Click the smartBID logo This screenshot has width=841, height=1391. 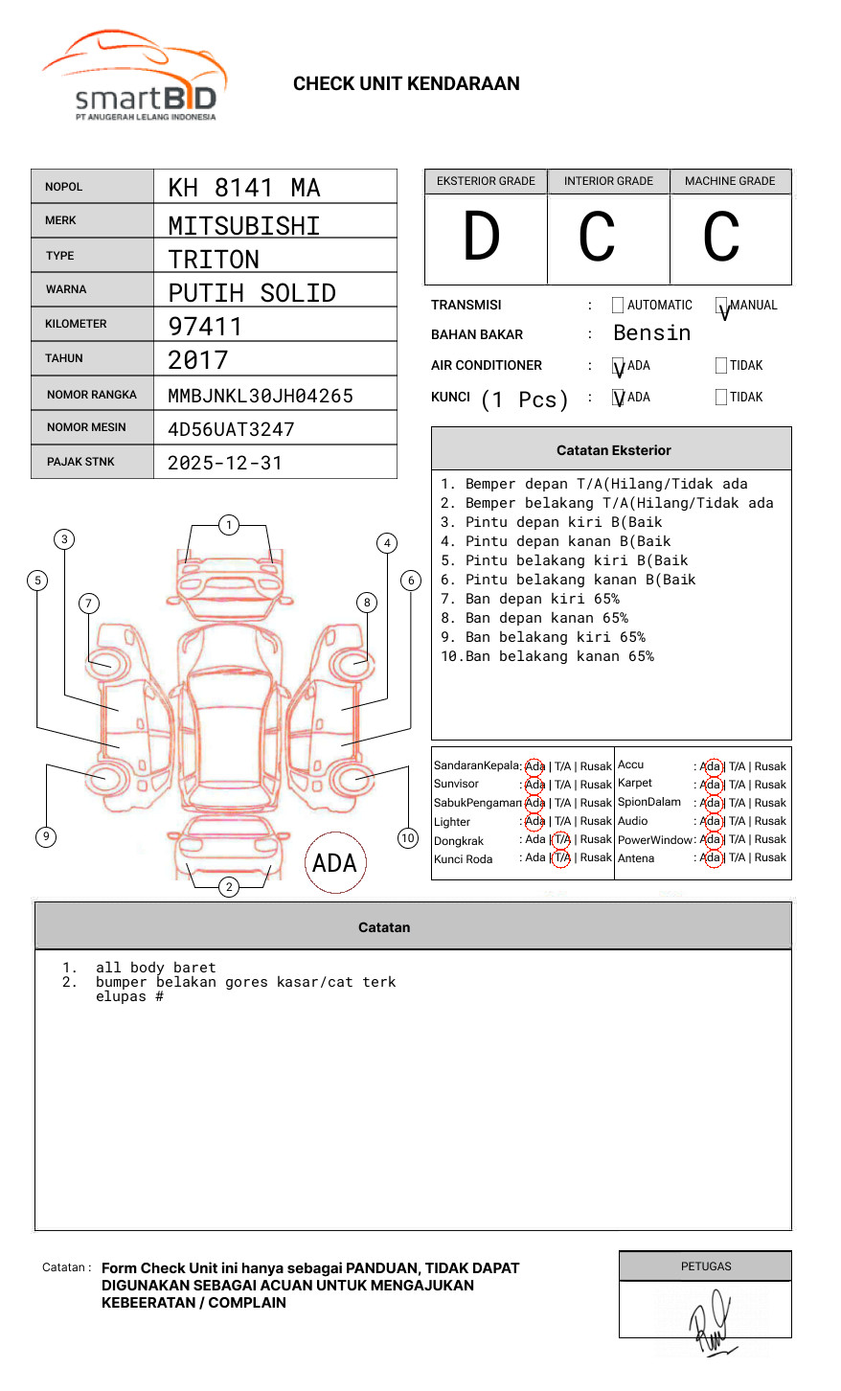pos(135,78)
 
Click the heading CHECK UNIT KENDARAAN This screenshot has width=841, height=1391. pos(406,84)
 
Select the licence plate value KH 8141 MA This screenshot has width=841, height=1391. pos(244,188)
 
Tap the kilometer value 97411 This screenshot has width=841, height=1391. pos(205,327)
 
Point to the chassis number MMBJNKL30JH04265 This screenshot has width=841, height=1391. pos(261,396)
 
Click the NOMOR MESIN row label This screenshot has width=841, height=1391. pos(86,427)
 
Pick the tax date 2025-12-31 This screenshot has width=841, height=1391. pos(225,463)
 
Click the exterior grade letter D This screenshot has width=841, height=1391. pos(482,238)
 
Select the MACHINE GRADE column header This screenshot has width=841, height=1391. pos(730,181)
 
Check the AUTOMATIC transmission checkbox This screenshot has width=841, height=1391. pos(618,306)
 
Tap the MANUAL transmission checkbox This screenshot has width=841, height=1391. pos(721,306)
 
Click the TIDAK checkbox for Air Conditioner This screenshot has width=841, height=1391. pos(721,366)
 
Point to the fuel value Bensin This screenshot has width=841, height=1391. pos(651,333)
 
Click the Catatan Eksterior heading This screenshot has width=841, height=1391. pos(613,450)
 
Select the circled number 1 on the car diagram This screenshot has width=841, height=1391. pos(228,525)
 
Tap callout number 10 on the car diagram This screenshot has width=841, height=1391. pos(408,838)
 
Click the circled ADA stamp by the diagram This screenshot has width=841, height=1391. pos(335,862)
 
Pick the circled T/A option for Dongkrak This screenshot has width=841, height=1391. pos(561,839)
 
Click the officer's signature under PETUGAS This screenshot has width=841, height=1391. pos(711,1322)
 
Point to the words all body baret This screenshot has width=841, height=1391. pos(155,968)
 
